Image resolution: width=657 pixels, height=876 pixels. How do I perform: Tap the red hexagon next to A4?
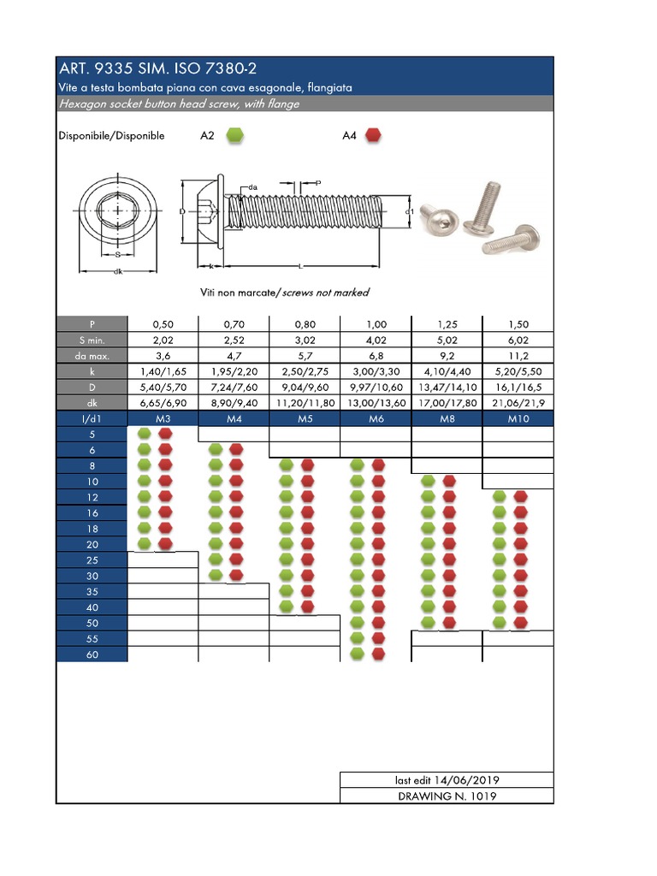(373, 135)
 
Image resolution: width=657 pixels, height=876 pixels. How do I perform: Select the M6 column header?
(376, 418)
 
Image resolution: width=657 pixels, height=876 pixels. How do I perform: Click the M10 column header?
(518, 418)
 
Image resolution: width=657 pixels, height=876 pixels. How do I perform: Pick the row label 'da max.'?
(92, 355)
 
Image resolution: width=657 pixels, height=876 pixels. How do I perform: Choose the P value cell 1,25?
(447, 324)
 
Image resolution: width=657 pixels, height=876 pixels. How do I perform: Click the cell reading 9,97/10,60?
(376, 387)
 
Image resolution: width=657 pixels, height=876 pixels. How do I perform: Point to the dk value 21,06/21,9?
(518, 402)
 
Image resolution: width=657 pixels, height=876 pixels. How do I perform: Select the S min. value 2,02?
(163, 340)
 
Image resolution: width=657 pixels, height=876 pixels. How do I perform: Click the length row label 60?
(92, 654)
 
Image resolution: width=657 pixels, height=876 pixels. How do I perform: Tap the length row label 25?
(92, 559)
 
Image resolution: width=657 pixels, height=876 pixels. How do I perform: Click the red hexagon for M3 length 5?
(166, 434)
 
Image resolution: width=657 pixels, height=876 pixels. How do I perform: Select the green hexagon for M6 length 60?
(358, 654)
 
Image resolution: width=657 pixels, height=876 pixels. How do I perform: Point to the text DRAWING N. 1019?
(447, 796)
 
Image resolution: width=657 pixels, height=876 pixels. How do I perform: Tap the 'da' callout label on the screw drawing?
(253, 186)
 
